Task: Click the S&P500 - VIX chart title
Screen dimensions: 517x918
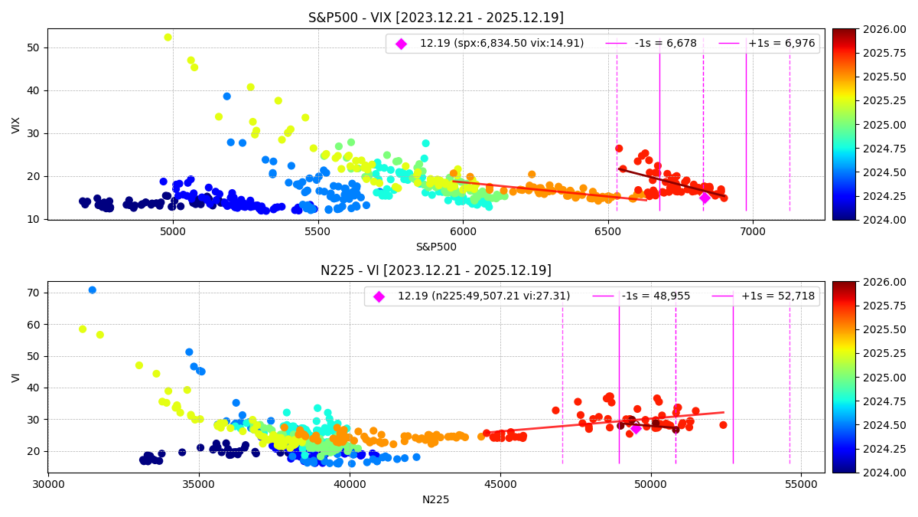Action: click(x=436, y=18)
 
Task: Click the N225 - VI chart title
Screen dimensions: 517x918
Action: click(x=436, y=270)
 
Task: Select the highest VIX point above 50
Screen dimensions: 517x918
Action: click(x=168, y=37)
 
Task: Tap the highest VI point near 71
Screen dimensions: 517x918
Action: click(x=92, y=290)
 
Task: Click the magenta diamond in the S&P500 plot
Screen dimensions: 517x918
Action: click(x=705, y=198)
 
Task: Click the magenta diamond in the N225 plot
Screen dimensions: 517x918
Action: click(x=636, y=428)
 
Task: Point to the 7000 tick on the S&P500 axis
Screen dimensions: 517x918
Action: click(x=753, y=231)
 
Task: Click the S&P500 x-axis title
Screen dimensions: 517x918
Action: click(x=436, y=247)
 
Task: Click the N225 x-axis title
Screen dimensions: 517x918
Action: click(x=436, y=499)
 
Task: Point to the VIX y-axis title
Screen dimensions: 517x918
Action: click(x=16, y=125)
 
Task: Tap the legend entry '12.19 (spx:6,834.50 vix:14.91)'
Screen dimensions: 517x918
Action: click(x=501, y=44)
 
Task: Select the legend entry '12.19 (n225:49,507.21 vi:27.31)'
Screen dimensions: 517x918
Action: click(x=483, y=296)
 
